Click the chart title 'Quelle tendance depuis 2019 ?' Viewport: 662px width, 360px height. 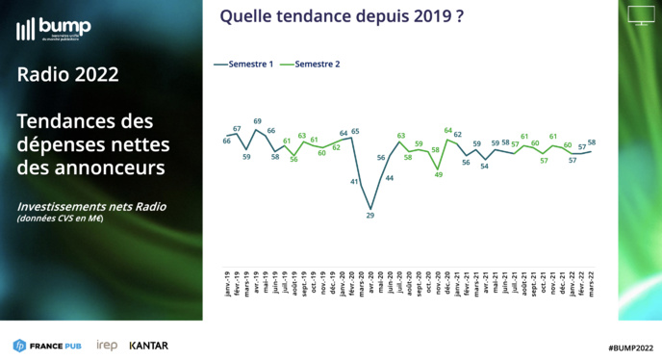[336, 15]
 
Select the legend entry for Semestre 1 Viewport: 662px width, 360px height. [243, 64]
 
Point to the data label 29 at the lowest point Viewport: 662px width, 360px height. [370, 216]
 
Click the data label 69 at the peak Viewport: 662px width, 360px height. [258, 121]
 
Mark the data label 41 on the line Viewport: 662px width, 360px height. [354, 181]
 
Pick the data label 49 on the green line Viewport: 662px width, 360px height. [439, 174]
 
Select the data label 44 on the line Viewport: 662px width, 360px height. [390, 178]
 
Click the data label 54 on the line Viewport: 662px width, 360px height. [485, 167]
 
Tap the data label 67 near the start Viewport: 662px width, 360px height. [237, 128]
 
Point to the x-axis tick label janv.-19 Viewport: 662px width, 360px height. [227, 282]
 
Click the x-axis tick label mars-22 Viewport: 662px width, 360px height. [590, 282]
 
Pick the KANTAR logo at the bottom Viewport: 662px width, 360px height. [149, 346]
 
